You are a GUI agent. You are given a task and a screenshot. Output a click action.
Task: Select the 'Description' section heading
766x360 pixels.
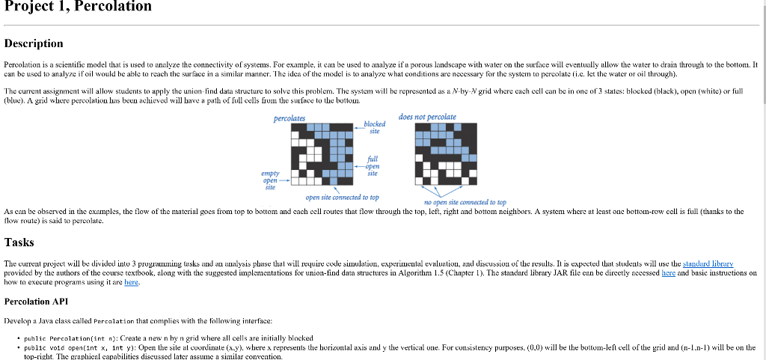34,43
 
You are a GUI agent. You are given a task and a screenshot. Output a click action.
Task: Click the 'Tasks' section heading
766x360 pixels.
19,242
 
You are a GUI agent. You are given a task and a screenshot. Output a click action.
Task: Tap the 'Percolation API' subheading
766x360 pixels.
35,302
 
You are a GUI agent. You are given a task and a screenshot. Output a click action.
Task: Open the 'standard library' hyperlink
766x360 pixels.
708,264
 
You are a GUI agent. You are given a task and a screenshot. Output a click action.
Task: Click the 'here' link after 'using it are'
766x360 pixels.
132,284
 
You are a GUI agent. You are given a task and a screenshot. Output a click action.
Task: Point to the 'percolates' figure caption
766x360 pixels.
289,118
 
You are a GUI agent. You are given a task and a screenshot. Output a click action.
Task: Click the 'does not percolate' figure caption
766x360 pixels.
427,117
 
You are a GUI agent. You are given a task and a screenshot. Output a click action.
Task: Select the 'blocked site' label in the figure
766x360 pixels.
374,127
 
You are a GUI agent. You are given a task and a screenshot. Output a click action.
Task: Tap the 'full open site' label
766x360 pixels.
373,165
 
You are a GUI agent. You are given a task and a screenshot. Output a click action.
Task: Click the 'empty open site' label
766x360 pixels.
270,180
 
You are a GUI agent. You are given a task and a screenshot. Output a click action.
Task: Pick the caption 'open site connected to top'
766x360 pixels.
342,198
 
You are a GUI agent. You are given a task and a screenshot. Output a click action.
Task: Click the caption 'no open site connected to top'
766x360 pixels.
465,202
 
